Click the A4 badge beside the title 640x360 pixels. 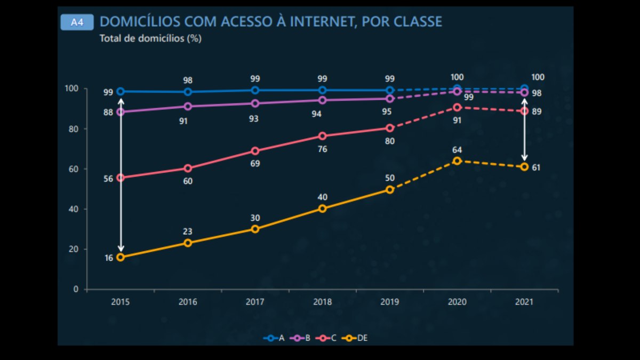[77, 22]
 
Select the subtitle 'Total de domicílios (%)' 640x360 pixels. [150, 38]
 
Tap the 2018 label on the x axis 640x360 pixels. [322, 302]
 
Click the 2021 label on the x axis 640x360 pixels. [524, 302]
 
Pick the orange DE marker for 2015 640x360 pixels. [121, 257]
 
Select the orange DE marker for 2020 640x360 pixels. [457, 161]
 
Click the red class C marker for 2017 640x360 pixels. [255, 151]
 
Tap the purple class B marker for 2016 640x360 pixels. [188, 106]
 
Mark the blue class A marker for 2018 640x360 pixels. [322, 90]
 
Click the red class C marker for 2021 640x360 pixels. [524, 111]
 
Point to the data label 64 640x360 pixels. [457, 150]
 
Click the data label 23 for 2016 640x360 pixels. [188, 231]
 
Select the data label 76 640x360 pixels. [322, 149]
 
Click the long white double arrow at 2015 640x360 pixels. [121, 175]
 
